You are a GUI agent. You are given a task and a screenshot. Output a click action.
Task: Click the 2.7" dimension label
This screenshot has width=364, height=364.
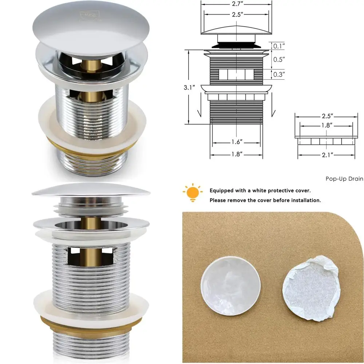[237, 4]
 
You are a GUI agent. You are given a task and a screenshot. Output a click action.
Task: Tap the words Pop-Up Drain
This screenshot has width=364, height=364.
[344, 179]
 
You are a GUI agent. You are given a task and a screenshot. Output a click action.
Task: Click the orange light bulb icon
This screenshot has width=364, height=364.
[193, 193]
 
